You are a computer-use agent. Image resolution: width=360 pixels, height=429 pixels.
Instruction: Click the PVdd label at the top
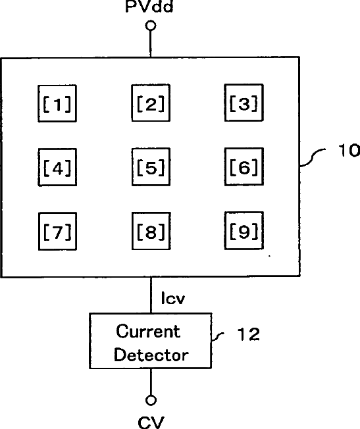click(x=149, y=6)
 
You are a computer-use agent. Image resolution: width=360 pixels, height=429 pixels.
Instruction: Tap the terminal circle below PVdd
click(x=151, y=26)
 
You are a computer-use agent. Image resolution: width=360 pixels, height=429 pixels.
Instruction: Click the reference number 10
click(x=349, y=150)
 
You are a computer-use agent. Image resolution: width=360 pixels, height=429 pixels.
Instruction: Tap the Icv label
click(x=173, y=298)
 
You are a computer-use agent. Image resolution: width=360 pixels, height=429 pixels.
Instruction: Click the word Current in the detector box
click(x=148, y=332)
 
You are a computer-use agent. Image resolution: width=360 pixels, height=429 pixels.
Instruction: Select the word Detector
click(x=151, y=355)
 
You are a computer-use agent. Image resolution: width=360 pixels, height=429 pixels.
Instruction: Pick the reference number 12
click(x=248, y=334)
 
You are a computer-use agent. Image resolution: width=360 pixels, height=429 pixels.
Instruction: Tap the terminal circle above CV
click(x=151, y=400)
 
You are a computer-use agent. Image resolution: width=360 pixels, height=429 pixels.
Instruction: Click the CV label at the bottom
click(x=151, y=422)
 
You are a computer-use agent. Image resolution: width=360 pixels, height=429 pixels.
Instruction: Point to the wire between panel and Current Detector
click(x=151, y=295)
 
